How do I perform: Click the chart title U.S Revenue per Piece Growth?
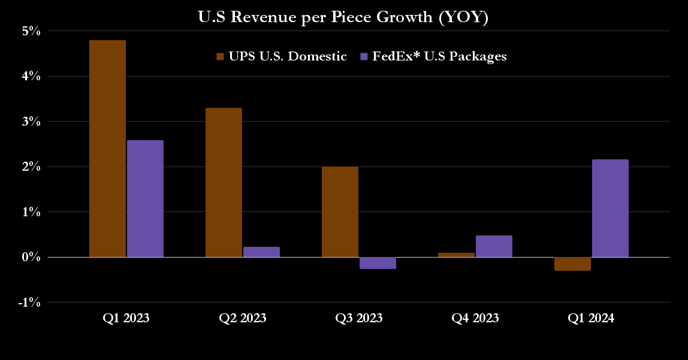(x=343, y=17)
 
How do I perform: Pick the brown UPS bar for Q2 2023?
(x=224, y=182)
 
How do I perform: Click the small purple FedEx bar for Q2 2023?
(x=261, y=252)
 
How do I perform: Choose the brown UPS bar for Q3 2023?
(x=340, y=211)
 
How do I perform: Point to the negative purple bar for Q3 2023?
(x=378, y=263)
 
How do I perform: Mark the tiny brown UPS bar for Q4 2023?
(x=456, y=255)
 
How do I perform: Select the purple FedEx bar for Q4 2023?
(x=494, y=246)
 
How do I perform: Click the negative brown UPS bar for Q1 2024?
(x=572, y=264)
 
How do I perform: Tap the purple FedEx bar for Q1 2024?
(x=610, y=208)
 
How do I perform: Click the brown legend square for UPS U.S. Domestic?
(x=220, y=57)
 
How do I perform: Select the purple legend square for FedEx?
(x=363, y=57)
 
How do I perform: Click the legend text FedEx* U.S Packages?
(x=439, y=56)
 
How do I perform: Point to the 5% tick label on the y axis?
(x=31, y=31)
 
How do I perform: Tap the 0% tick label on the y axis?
(x=31, y=258)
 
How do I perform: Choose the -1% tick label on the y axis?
(x=29, y=302)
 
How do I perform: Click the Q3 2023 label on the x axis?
(x=358, y=318)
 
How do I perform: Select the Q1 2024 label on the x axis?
(x=591, y=318)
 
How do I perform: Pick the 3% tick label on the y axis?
(x=31, y=122)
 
